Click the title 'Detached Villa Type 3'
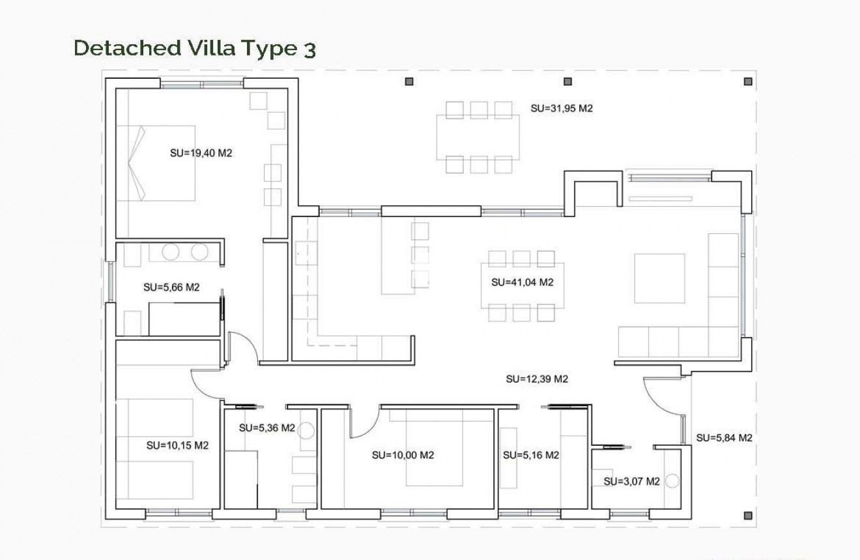click(195, 49)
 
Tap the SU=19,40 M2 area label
click(201, 154)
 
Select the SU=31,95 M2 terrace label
click(561, 109)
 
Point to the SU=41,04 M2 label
click(522, 282)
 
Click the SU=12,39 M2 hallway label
click(537, 379)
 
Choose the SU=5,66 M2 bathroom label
click(171, 287)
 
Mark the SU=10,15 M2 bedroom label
click(177, 446)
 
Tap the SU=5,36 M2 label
click(267, 428)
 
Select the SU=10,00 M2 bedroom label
click(403, 455)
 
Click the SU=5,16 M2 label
click(531, 455)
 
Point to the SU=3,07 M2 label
click(631, 482)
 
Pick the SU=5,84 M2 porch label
click(724, 438)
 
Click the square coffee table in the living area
click(659, 278)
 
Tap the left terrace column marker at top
click(409, 81)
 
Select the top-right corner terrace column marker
click(748, 81)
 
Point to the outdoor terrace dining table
click(478, 137)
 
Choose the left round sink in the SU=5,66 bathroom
click(171, 253)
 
